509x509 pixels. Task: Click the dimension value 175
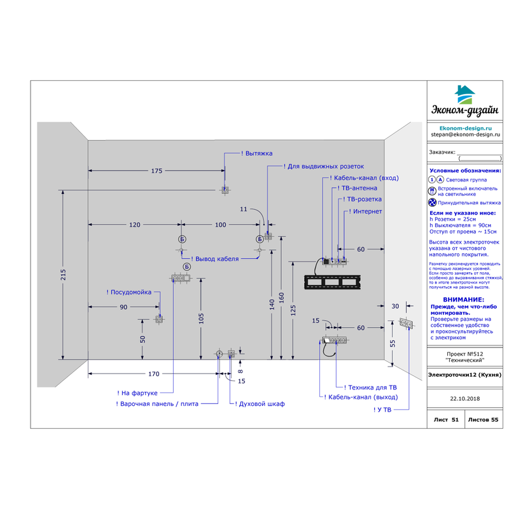coord(157,171)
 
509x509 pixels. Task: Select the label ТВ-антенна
coord(358,188)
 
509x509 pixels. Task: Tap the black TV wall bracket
coord(332,281)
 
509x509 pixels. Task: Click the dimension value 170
coord(153,373)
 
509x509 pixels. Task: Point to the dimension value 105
coord(201,318)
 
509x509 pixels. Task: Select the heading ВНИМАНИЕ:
coord(464,299)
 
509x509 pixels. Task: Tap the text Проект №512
coord(464,353)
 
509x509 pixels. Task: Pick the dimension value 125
coord(293,309)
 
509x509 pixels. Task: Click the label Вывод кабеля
coord(216,259)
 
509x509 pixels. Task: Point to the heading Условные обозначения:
coord(464,171)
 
